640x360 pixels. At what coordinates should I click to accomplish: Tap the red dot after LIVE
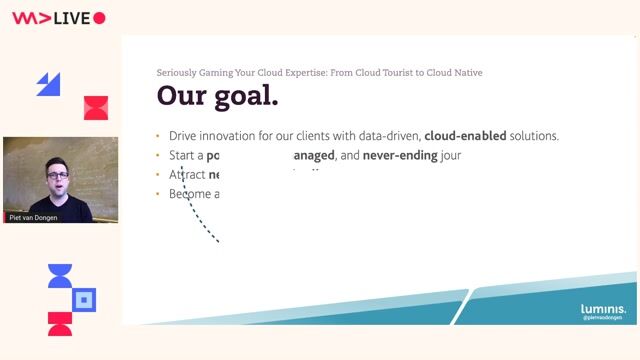pos(99,18)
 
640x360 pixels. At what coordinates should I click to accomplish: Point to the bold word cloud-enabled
pos(465,136)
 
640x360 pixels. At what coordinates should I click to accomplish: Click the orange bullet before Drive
pos(158,136)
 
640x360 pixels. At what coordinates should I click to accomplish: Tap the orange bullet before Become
pos(158,193)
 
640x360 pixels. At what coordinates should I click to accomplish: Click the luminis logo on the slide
pos(603,309)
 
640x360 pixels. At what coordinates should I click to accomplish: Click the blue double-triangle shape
pos(49,84)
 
